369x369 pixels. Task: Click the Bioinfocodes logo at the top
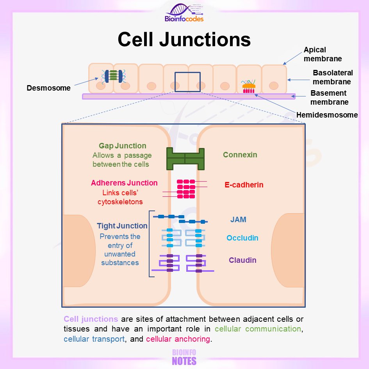tap(184, 13)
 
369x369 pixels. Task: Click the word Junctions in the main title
tap(205, 39)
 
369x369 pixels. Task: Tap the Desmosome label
tap(48, 88)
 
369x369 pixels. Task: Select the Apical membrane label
tap(323, 54)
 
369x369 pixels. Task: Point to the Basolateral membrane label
tap(333, 77)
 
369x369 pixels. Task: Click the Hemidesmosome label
tap(327, 115)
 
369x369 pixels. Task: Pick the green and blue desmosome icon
tap(114, 76)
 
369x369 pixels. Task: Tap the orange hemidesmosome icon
tap(248, 87)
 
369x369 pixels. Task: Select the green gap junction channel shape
tap(185, 159)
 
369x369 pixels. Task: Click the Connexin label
tap(240, 155)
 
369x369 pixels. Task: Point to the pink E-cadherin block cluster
tap(186, 189)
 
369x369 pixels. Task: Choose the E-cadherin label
tap(244, 185)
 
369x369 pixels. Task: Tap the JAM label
tap(238, 219)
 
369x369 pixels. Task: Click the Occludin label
tap(242, 238)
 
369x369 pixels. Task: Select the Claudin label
tap(242, 260)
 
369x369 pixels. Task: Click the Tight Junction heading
tap(122, 226)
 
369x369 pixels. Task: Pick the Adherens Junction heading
tap(124, 183)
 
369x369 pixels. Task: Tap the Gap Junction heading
tap(122, 146)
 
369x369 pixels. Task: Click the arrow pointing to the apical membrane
tap(292, 58)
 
